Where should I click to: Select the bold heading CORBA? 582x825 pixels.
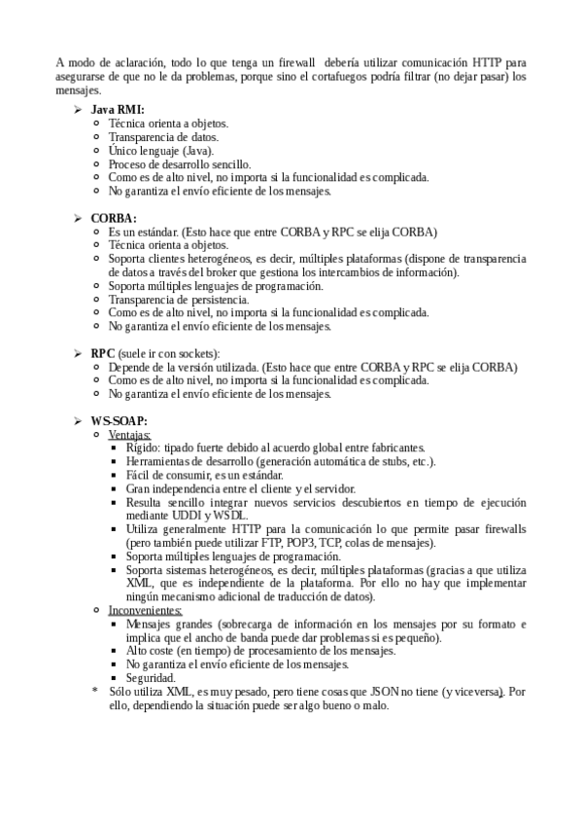pos(114,218)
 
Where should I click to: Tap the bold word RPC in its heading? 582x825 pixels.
pos(102,352)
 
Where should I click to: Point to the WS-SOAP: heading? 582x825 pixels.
pos(120,419)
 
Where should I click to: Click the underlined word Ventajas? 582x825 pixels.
pos(128,433)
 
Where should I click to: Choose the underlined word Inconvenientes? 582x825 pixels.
pos(145,609)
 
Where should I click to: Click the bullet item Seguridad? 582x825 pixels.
pos(151,677)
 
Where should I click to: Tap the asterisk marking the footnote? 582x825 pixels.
pos(95,692)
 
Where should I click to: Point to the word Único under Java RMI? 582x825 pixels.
pos(123,151)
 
